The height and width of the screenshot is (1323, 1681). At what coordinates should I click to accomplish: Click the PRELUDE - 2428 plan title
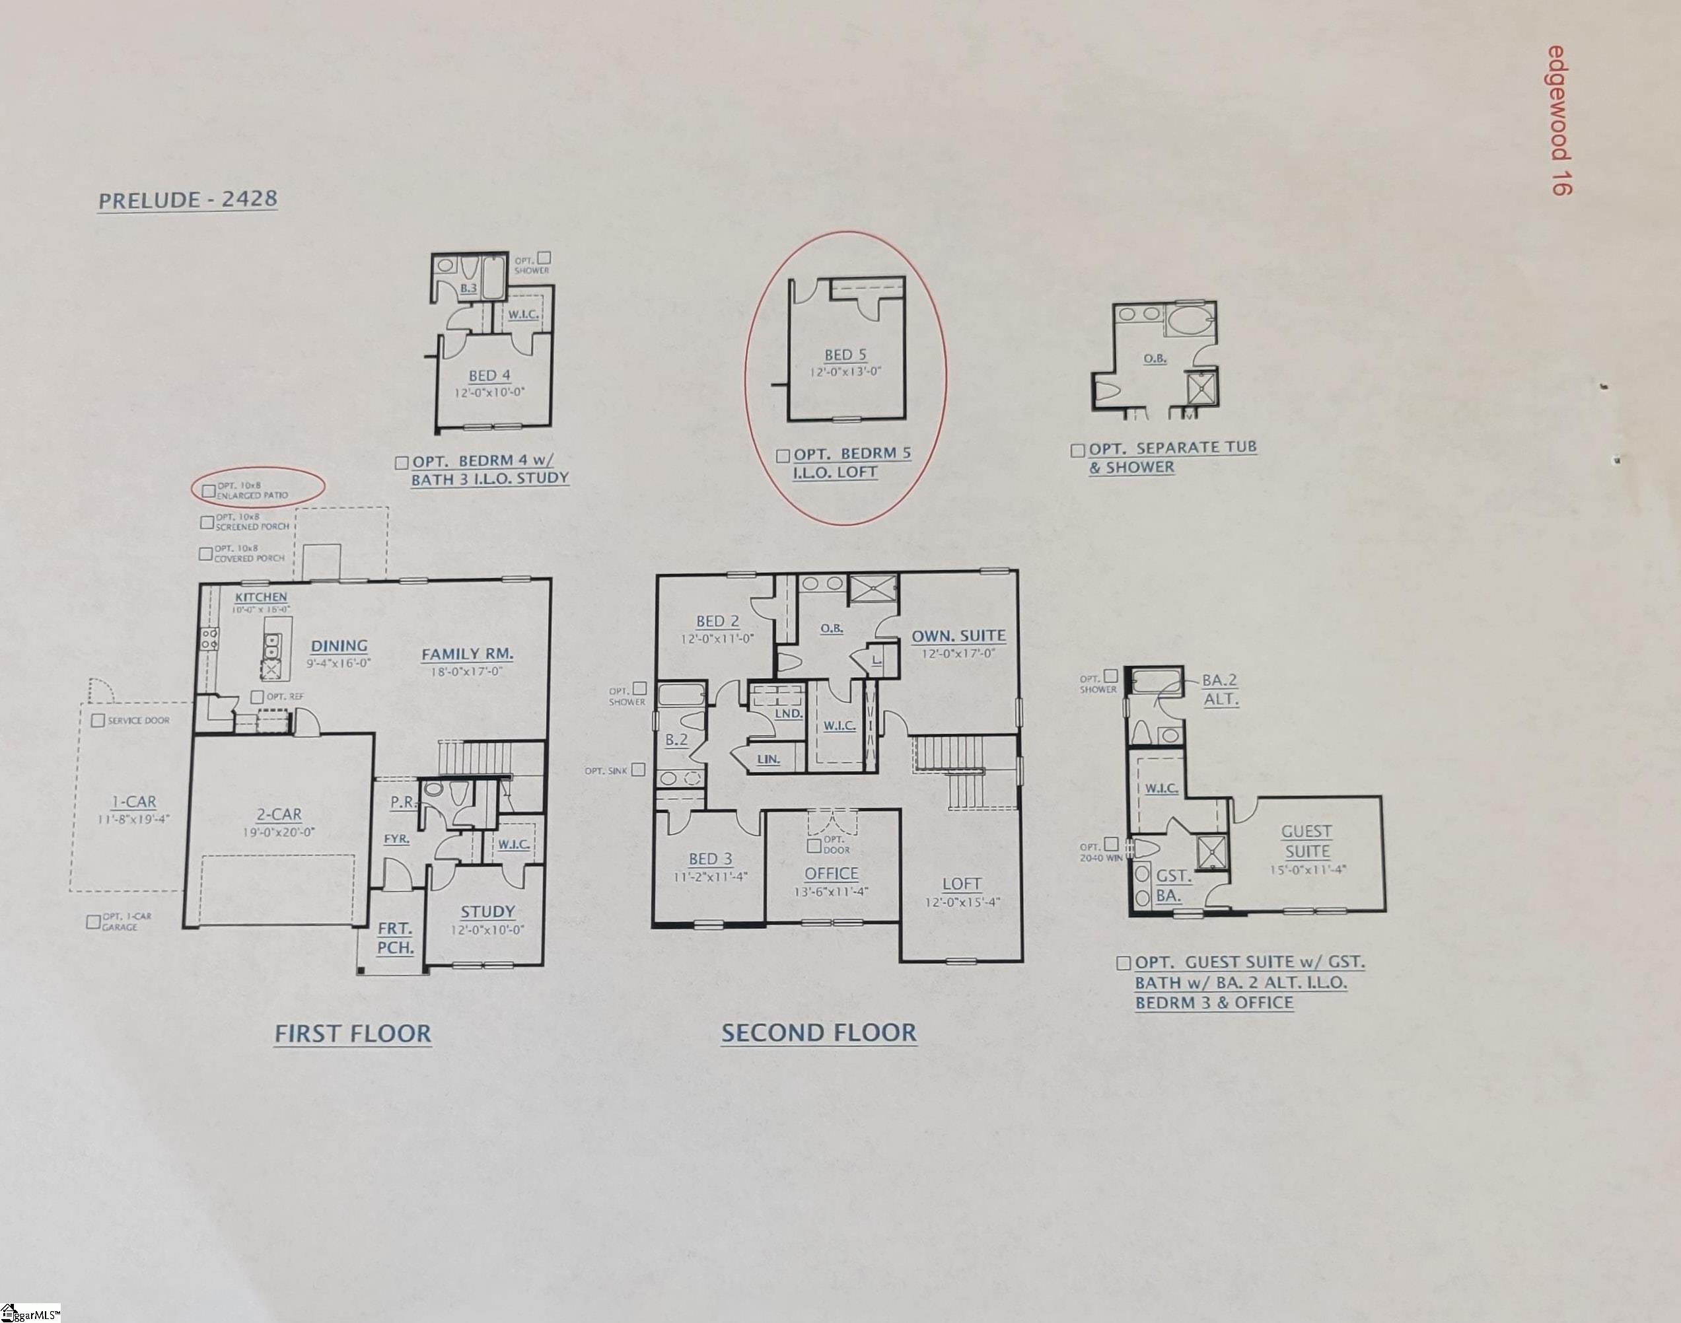(x=188, y=200)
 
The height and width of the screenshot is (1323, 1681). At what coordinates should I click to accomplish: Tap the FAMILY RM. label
(x=467, y=655)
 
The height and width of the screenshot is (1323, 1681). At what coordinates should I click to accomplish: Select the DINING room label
(x=340, y=646)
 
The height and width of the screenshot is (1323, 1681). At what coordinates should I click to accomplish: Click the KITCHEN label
(x=261, y=597)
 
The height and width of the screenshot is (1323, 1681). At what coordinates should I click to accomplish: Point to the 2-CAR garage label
(x=279, y=814)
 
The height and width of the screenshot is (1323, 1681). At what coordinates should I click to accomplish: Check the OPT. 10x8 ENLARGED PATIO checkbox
(x=207, y=491)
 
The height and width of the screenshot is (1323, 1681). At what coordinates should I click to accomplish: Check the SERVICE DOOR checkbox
(x=98, y=721)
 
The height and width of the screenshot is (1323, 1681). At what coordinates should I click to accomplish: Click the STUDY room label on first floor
(x=487, y=912)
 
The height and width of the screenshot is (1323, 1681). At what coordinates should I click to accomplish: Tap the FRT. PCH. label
(x=395, y=937)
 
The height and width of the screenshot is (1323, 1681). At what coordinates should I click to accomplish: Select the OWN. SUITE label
(x=958, y=636)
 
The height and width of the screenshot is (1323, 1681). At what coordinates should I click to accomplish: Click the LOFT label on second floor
(x=961, y=884)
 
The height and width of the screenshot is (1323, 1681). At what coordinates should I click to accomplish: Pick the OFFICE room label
(x=831, y=874)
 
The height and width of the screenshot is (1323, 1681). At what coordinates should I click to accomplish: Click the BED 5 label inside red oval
(x=845, y=355)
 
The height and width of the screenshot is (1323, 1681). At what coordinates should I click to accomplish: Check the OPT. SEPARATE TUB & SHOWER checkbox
(x=1077, y=450)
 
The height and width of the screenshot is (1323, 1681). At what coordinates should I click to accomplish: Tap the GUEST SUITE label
(x=1307, y=841)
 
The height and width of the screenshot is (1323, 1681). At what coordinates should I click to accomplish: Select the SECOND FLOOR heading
(x=819, y=1032)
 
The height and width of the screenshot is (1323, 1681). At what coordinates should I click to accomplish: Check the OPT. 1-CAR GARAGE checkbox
(x=93, y=922)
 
